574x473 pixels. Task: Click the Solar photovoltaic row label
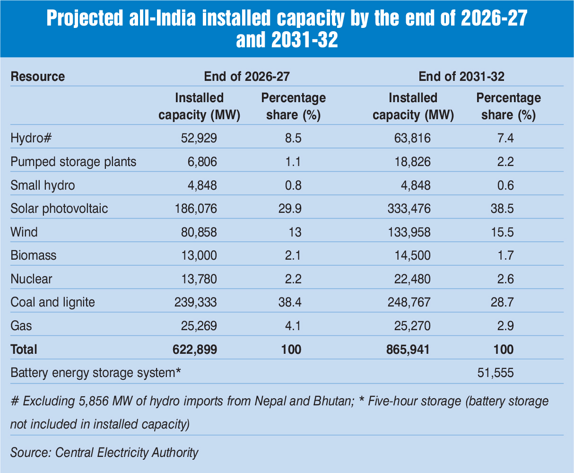(x=59, y=209)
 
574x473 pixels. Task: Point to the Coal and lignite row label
(x=52, y=302)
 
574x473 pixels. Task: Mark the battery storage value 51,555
(x=496, y=373)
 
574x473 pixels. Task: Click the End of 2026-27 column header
(x=246, y=77)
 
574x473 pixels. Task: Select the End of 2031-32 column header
(x=461, y=77)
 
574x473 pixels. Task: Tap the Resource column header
(x=38, y=77)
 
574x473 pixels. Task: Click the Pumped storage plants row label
(x=73, y=162)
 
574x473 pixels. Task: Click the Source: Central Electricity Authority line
(x=104, y=452)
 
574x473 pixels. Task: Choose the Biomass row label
(x=33, y=255)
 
